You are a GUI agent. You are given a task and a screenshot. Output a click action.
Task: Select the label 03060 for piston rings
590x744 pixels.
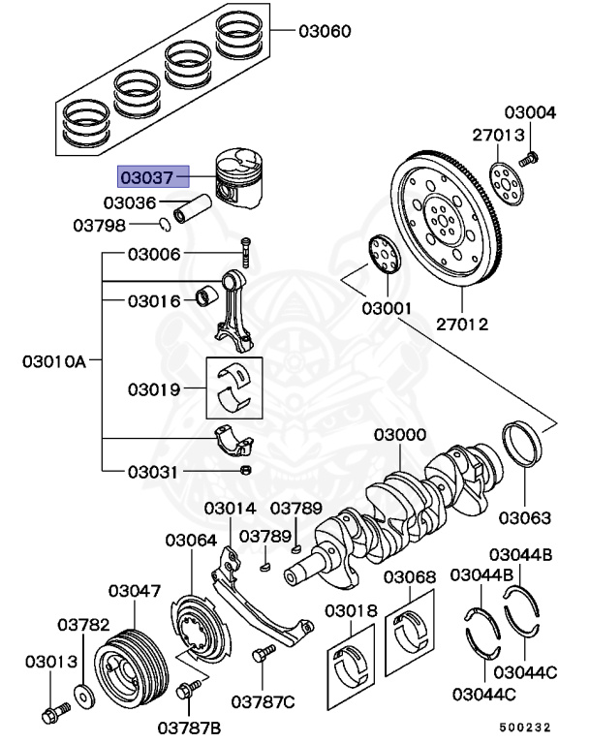coord(325,31)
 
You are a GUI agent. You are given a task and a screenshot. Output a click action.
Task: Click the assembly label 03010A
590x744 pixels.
coord(54,362)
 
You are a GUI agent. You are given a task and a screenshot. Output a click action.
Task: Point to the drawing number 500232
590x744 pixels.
coord(531,726)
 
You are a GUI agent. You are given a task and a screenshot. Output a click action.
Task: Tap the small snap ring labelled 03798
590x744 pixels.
coord(166,226)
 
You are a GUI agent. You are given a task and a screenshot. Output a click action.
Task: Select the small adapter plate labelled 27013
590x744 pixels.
coord(502,181)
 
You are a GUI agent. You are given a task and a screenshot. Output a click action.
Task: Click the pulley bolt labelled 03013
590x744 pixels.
coord(50,716)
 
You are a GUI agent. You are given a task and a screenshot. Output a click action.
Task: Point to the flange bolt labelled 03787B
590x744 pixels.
coord(186,691)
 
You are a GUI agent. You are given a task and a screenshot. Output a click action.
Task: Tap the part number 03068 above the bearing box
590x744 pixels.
coord(410,577)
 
